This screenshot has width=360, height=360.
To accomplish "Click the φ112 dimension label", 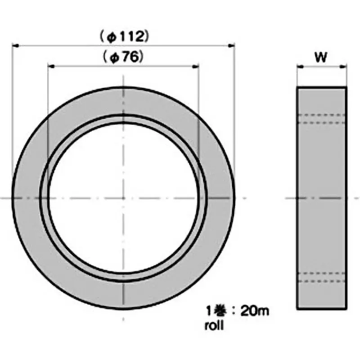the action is [x=125, y=37].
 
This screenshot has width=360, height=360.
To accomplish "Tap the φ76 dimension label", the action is [x=123, y=57].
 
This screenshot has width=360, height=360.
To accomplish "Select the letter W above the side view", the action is [x=321, y=57].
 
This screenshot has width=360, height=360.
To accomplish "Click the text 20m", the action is [x=255, y=311].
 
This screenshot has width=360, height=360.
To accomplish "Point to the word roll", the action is [x=214, y=325].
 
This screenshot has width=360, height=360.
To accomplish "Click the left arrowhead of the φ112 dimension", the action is [x=15, y=46].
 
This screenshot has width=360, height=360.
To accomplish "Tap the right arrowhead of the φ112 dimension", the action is [x=231, y=46].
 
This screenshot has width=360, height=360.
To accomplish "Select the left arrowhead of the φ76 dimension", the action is [x=51, y=67].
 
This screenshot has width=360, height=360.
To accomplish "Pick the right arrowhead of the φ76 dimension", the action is [x=195, y=67].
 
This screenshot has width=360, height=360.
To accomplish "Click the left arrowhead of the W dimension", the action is [x=300, y=67].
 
